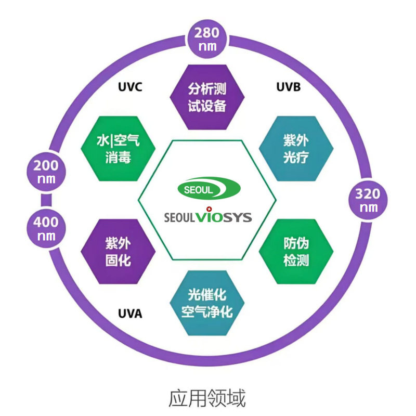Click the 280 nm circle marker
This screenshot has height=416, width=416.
click(207, 39)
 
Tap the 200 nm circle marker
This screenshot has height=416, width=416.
click(46, 172)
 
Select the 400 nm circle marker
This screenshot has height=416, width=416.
click(46, 228)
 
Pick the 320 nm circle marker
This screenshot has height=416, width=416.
click(368, 200)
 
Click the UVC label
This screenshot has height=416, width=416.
click(130, 87)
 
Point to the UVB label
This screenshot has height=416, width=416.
click(289, 87)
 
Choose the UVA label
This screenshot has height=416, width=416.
click(130, 314)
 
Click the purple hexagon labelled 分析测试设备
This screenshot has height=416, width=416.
click(207, 97)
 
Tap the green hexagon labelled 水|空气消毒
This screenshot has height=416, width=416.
click(118, 149)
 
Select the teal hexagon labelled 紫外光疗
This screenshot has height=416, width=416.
click(296, 149)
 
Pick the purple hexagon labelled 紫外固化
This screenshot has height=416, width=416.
click(118, 252)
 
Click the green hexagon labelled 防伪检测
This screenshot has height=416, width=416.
click(296, 252)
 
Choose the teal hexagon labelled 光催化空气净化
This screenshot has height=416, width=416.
click(207, 303)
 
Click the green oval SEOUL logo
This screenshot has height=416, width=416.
click(209, 188)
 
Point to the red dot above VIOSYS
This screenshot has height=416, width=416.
click(209, 209)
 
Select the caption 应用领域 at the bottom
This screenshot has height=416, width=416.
click(207, 398)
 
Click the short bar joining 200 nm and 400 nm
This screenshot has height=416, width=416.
click(46, 200)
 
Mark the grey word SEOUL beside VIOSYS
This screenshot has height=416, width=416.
click(180, 217)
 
